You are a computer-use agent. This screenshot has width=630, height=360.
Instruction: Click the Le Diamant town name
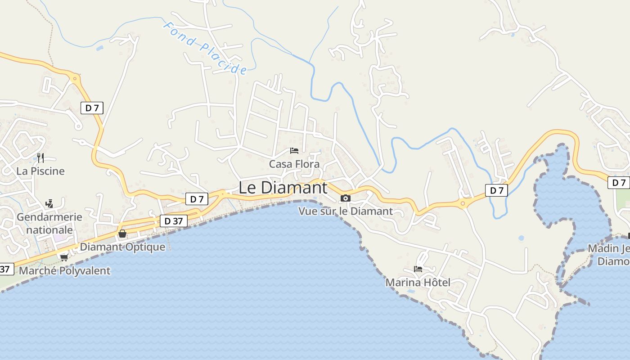point(283,188)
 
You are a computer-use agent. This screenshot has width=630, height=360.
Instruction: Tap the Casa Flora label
point(294,164)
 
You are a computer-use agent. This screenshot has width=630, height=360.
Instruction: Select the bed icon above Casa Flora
point(294,150)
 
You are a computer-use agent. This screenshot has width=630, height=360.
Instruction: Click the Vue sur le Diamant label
point(346,211)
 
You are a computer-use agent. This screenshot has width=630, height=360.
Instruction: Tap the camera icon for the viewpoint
point(346,198)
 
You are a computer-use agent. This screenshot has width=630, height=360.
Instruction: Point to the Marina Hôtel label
point(418,283)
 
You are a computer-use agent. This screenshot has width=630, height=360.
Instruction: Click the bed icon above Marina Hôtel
point(418,269)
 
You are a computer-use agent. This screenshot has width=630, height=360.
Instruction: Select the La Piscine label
point(40,171)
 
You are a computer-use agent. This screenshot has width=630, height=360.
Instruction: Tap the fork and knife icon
point(40,157)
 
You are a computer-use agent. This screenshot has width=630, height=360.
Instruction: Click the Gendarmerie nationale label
point(49,223)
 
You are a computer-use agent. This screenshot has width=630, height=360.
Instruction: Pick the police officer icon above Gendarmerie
point(49,204)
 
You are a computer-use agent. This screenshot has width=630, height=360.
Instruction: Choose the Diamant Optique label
point(122,247)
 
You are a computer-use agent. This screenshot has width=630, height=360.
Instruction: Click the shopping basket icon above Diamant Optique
point(122,234)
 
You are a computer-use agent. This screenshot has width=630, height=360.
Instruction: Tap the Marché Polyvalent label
point(64,271)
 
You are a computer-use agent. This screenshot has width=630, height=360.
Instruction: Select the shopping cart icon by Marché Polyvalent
point(64,257)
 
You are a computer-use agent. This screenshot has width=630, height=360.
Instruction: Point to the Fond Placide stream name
point(205,48)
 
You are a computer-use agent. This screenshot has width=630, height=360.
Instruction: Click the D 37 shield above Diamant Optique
point(173,221)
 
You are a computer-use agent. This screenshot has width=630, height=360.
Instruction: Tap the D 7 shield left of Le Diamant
point(197,199)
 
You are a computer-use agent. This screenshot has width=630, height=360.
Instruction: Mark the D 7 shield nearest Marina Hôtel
point(496,190)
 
